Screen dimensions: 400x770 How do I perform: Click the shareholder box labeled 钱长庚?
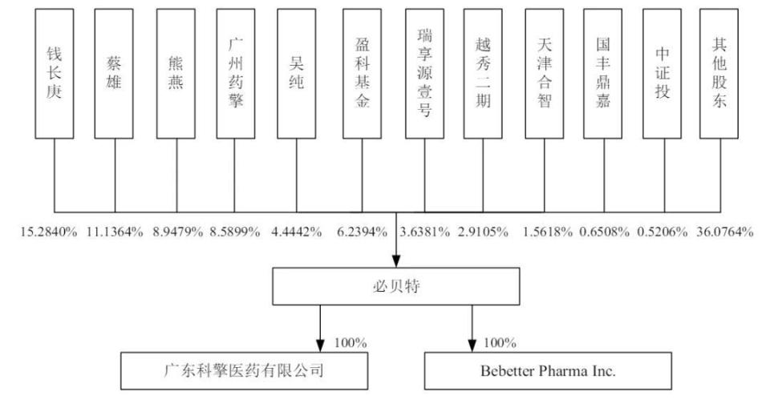coord(55,74)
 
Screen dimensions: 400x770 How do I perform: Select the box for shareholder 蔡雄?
coord(114,74)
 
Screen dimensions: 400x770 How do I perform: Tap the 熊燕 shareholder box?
coord(176,74)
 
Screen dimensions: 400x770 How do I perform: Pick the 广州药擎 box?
coord(237,74)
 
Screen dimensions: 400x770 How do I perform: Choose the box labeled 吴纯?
coord(297,74)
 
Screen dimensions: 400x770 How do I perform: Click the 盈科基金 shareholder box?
coord(362,74)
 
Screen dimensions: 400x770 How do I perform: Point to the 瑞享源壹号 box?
coord(424,74)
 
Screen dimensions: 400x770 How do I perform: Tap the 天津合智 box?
coord(545,74)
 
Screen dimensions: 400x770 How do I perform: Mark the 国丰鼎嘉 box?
coord(602,74)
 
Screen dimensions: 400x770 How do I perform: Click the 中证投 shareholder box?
coord(662,74)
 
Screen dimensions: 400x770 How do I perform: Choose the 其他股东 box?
coord(719,74)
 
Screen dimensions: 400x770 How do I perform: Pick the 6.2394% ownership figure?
coord(362,232)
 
